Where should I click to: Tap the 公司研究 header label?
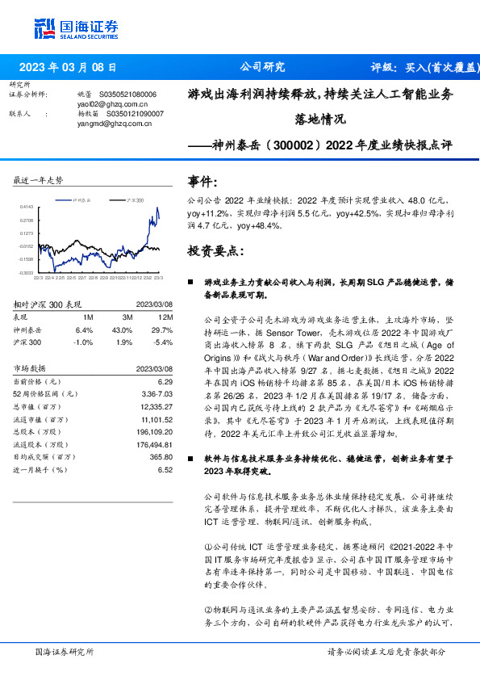point(263,68)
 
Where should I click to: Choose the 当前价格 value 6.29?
point(165,380)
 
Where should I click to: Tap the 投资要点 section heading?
point(215,251)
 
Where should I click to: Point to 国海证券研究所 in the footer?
point(65,651)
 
